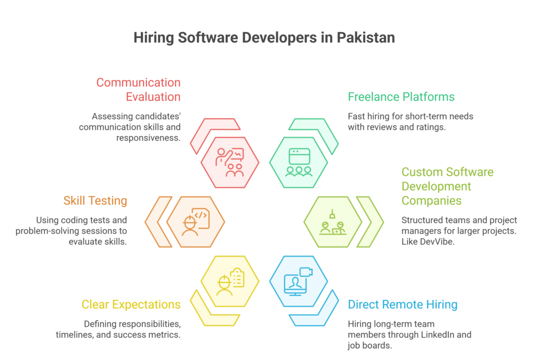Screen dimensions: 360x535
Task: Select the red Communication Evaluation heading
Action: click(138, 89)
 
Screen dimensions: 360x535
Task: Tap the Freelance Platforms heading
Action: click(401, 97)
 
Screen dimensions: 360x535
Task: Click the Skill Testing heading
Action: click(95, 201)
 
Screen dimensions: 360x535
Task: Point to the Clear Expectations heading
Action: click(131, 304)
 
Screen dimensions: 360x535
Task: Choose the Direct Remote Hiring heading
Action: click(403, 304)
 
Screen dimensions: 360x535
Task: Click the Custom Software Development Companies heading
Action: click(447, 186)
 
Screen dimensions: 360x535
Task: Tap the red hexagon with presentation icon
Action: click(230, 161)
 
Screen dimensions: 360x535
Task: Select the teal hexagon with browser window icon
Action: click(299, 161)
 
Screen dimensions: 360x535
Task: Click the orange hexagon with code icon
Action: click(195, 221)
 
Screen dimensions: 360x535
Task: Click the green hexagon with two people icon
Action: click(333, 221)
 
